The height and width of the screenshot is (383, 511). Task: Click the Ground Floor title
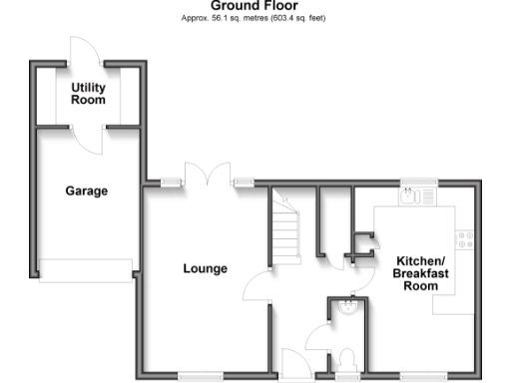pos(254,6)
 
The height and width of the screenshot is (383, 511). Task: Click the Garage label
pos(87,191)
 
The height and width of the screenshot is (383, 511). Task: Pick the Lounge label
pos(206,268)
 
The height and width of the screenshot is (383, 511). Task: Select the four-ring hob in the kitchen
pos(463,239)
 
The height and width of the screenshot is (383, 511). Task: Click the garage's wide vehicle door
pos(86,269)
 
